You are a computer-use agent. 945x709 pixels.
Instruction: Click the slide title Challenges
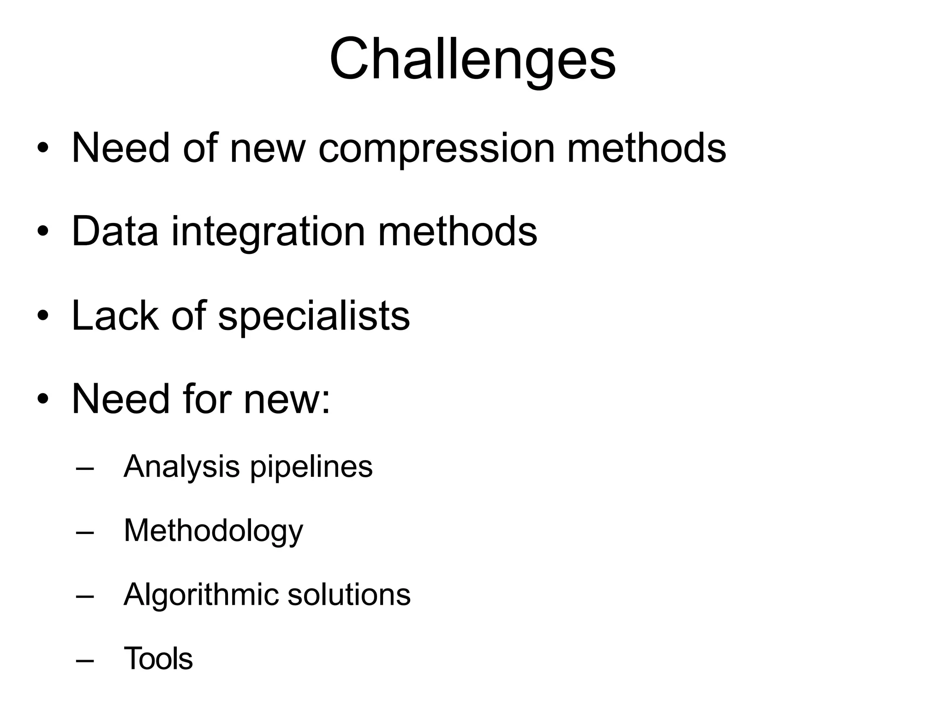pos(472,60)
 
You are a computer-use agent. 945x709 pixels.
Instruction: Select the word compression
pos(437,149)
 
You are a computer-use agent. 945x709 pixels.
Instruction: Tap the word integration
pos(268,232)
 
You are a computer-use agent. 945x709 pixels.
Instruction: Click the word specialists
pos(314,317)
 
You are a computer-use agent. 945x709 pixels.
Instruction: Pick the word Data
pos(115,232)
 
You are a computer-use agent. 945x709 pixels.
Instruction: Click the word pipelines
pos(311,467)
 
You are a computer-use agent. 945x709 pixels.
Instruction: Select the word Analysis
pos(181,467)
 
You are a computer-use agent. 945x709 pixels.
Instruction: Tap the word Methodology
pos(213,531)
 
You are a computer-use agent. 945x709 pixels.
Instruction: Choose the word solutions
pos(349,595)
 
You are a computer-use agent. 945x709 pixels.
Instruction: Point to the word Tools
pos(158,659)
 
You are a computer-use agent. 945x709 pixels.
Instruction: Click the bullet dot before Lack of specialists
pos(43,316)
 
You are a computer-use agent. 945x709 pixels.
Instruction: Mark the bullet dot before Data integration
pos(43,232)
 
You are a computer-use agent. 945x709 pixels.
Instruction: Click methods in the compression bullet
pos(646,148)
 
